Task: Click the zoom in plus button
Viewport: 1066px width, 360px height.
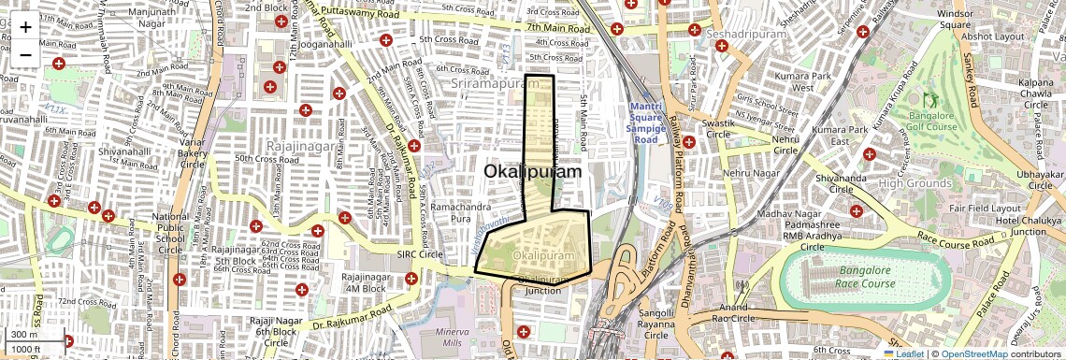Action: (25, 26)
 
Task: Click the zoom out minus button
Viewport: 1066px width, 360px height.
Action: (25, 54)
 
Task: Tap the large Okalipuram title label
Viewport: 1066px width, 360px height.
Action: (532, 172)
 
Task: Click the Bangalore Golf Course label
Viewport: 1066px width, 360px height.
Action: (928, 121)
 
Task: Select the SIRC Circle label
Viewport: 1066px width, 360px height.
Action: (419, 254)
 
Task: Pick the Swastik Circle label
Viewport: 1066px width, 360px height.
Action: (706, 129)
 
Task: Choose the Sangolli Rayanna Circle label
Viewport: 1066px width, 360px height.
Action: (657, 324)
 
